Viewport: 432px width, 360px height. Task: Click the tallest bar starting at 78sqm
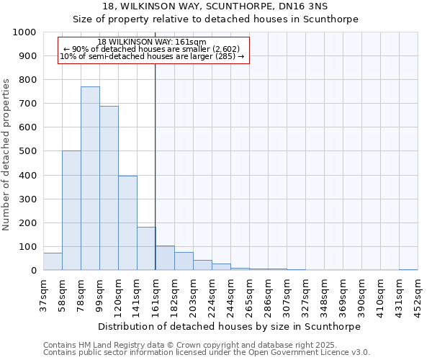(90, 179)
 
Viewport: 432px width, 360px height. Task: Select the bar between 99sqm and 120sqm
(109, 188)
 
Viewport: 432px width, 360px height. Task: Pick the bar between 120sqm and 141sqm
(127, 223)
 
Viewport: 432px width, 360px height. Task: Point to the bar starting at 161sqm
(165, 258)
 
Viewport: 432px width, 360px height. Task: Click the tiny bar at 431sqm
(408, 269)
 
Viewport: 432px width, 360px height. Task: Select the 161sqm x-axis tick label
(156, 294)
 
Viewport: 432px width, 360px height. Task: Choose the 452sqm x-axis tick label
(418, 294)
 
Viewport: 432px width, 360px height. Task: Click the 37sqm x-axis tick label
(43, 294)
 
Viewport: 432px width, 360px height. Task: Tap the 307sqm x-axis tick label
(287, 294)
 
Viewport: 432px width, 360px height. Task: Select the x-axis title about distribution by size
(230, 326)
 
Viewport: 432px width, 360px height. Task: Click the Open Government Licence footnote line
(207, 353)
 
